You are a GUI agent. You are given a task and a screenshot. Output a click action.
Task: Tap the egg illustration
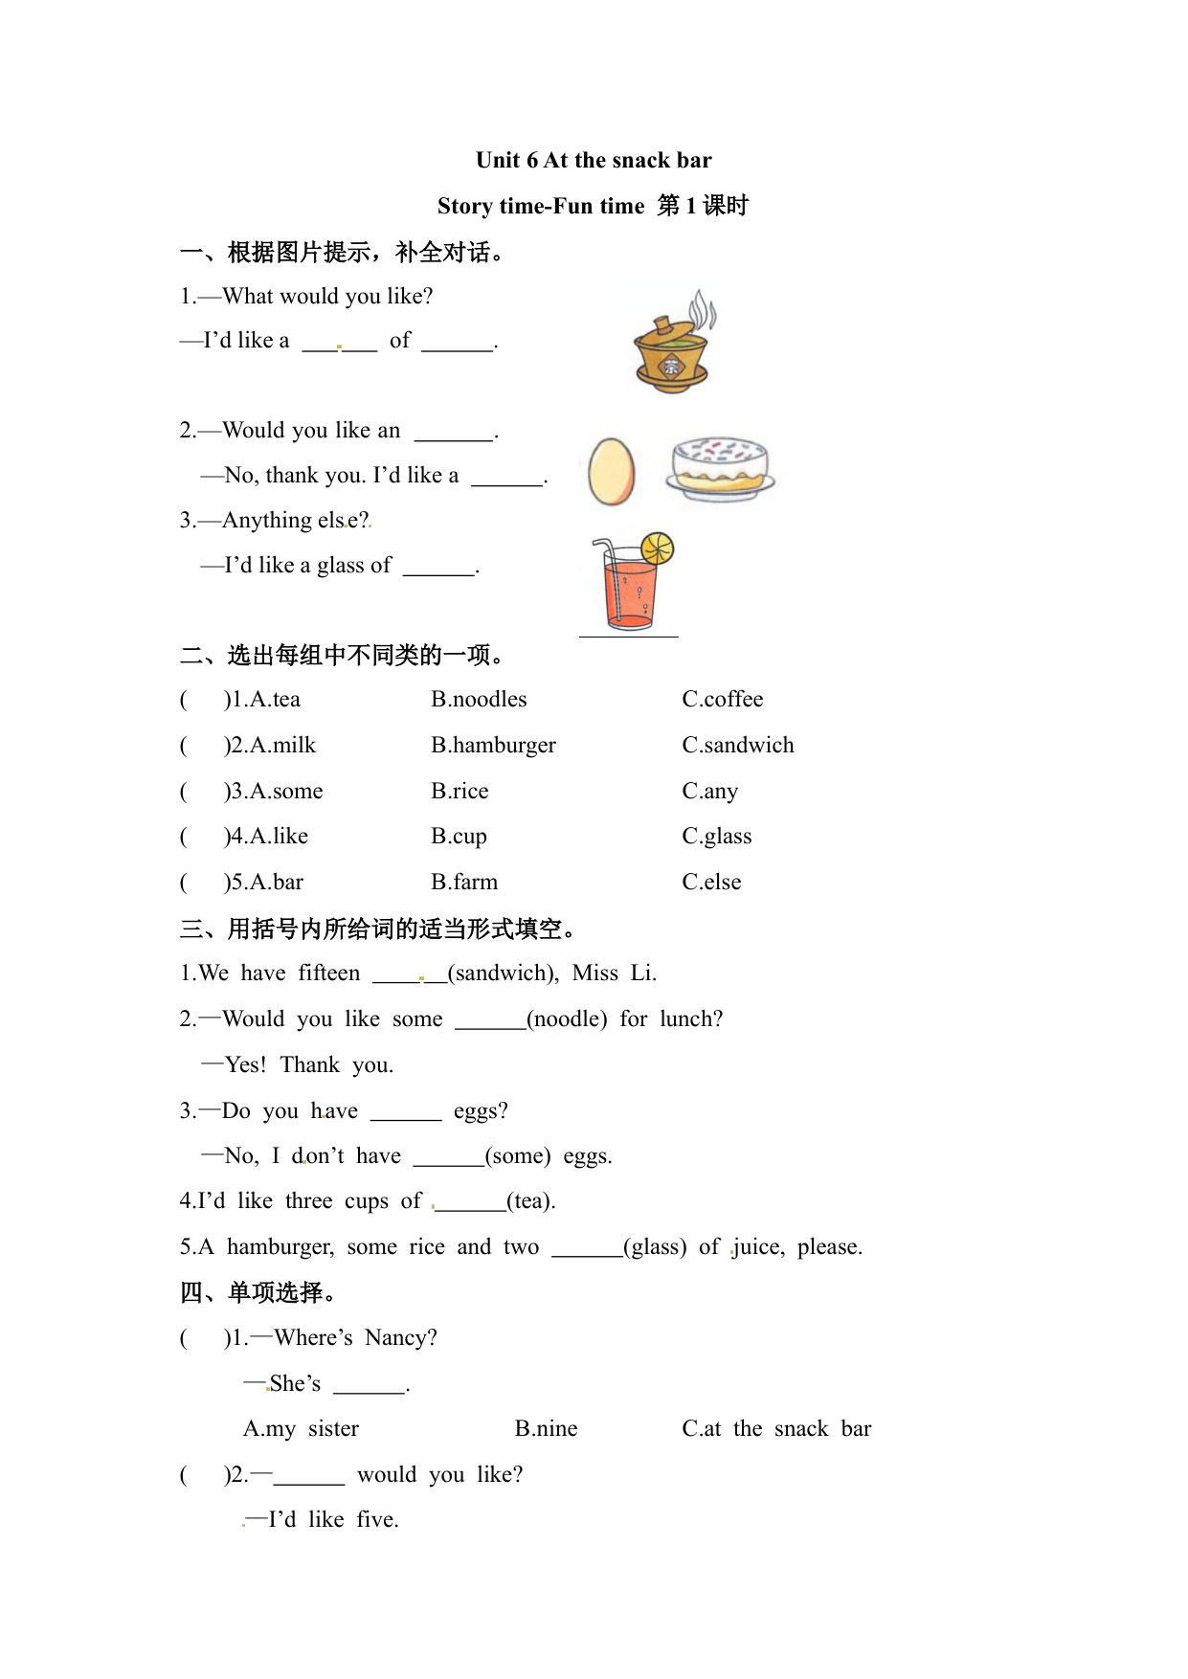(611, 471)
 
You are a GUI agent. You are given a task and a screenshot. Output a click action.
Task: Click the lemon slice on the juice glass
(658, 548)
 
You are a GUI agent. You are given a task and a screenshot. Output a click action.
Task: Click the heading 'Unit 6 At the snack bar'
(594, 160)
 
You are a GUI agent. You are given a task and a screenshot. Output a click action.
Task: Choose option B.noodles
(479, 699)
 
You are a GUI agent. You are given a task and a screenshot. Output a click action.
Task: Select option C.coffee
(722, 699)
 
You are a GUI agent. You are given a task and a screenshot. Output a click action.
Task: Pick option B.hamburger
(493, 745)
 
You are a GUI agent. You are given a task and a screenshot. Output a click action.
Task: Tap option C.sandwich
(737, 745)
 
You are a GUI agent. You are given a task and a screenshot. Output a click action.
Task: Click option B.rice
(460, 791)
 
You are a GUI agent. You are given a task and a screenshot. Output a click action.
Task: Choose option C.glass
(716, 836)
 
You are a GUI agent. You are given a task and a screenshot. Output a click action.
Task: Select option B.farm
(464, 882)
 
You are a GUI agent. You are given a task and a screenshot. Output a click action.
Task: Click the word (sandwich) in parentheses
(504, 974)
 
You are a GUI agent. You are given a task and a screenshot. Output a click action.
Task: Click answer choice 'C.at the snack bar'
(776, 1428)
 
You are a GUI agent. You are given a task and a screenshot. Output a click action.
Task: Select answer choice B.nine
(546, 1428)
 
